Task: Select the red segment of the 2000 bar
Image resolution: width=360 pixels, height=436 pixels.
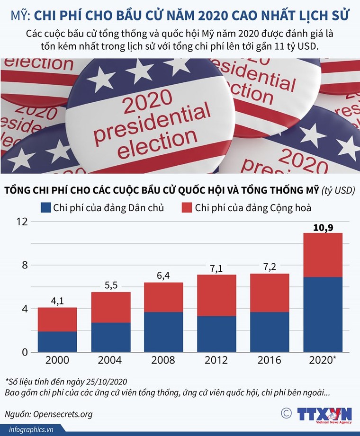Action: click(x=57, y=320)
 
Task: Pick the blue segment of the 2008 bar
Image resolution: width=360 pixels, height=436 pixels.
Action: click(x=163, y=332)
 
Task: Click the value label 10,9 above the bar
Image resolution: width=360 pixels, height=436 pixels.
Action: click(x=323, y=228)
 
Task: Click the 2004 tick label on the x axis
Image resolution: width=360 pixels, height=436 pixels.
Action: click(x=110, y=361)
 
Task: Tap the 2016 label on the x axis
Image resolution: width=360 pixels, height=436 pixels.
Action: click(x=269, y=361)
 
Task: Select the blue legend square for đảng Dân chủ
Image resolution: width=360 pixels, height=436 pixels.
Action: click(x=45, y=207)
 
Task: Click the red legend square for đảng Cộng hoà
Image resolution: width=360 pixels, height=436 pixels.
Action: click(x=187, y=207)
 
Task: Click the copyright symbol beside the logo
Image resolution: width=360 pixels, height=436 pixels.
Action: click(x=286, y=413)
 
